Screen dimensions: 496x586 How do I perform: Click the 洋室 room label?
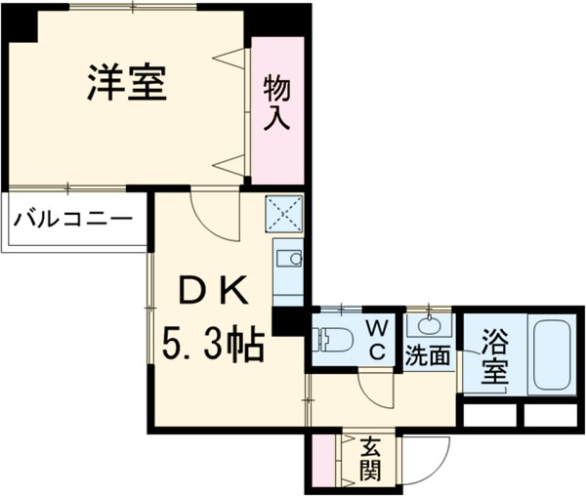pos(127,84)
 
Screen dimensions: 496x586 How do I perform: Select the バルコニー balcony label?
pos(72,216)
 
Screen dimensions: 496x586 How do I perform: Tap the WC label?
pos(377,338)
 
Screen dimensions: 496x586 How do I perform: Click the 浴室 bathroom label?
pos(494,355)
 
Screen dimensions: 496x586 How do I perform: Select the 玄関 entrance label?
pos(370,459)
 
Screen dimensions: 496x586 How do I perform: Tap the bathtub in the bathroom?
pos(553,354)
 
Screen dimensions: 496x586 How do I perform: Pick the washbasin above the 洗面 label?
pos(429,324)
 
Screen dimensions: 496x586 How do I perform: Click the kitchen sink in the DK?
pos(288,259)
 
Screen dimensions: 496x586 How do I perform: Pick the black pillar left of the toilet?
pos(289,321)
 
